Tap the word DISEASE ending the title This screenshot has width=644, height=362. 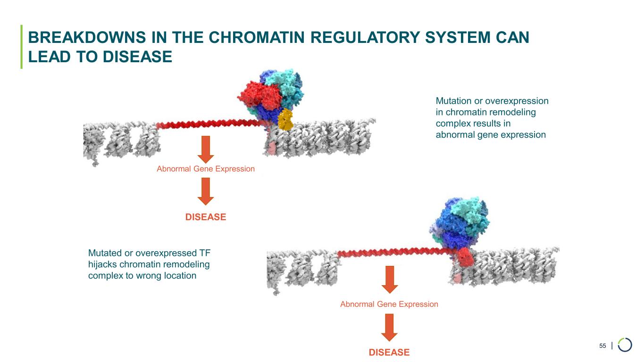[135, 57]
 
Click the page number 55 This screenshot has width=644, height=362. [602, 346]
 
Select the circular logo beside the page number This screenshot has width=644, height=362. [625, 345]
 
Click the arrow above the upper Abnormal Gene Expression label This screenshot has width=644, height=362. [205, 149]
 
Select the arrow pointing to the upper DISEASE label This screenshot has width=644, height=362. [205, 191]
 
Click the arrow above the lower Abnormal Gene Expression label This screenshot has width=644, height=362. [389, 280]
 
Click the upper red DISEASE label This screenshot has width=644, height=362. [205, 217]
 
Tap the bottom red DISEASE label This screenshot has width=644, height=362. [389, 353]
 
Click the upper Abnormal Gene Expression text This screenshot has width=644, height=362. [205, 169]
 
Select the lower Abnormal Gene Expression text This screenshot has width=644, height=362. [389, 304]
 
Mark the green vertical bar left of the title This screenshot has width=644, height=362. [21, 47]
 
